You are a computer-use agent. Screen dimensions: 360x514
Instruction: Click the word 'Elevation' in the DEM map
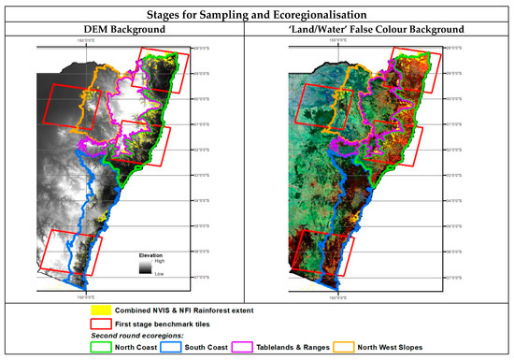point(152,254)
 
